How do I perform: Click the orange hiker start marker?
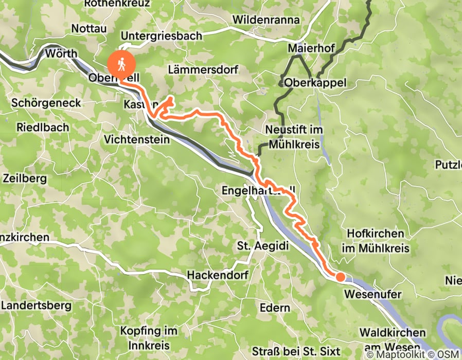click(121, 64)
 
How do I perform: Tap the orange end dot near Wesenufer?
click(340, 277)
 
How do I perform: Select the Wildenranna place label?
click(266, 20)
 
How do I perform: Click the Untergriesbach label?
click(161, 36)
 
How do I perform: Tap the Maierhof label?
click(311, 48)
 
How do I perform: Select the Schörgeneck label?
click(46, 103)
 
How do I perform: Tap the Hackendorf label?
click(218, 275)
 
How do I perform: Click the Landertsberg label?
click(36, 305)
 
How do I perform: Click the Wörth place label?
click(61, 53)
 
